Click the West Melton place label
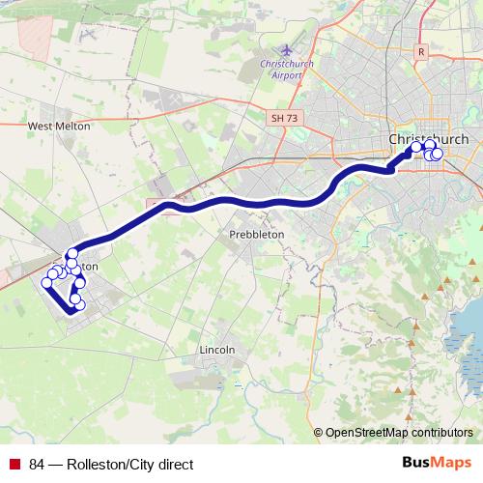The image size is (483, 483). click(x=59, y=126)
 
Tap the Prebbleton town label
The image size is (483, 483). click(x=255, y=235)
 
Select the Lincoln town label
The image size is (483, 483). click(x=215, y=349)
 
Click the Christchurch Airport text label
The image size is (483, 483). click(x=287, y=69)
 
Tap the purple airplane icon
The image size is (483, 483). click(x=287, y=50)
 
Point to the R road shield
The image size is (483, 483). click(x=421, y=51)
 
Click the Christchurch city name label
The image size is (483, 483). click(x=428, y=139)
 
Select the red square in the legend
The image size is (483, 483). click(x=14, y=464)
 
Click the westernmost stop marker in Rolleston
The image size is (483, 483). click(x=45, y=283)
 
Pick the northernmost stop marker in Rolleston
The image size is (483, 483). click(x=71, y=253)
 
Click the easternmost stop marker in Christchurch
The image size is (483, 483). click(x=437, y=155)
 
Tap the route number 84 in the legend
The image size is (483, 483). click(x=38, y=464)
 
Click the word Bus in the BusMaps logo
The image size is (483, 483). click(x=416, y=463)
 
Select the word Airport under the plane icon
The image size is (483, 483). click(x=287, y=74)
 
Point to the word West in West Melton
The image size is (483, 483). click(x=43, y=126)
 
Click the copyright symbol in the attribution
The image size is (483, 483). click(x=319, y=433)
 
